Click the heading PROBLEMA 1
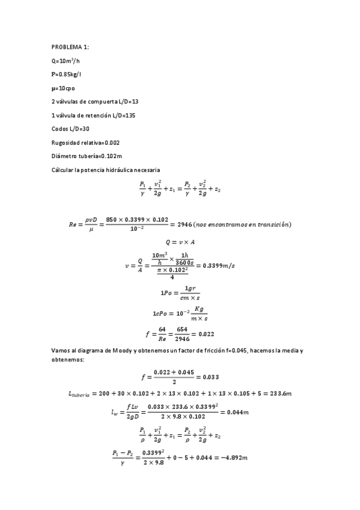click(71, 46)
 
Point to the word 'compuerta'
click(102, 102)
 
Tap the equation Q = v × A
click(180, 242)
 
